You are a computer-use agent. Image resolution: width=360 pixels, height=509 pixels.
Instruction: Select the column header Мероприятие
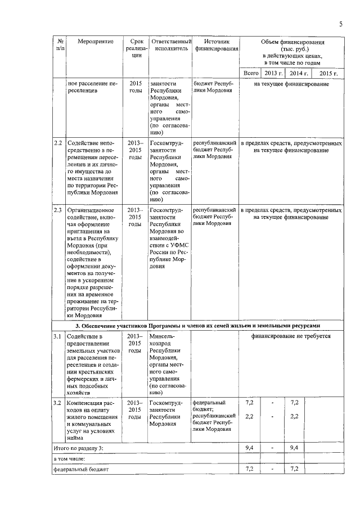click(x=92, y=42)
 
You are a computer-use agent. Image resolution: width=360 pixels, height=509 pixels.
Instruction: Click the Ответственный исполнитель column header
click(x=170, y=46)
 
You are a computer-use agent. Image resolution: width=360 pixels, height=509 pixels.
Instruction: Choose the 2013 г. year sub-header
click(x=273, y=74)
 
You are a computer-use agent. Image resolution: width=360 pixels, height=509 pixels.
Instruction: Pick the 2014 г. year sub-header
click(x=296, y=74)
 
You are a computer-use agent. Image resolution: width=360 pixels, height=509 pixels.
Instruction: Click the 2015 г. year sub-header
click(x=327, y=74)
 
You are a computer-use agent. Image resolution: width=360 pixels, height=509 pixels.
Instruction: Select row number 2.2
click(x=58, y=143)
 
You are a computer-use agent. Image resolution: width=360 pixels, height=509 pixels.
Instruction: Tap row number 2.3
click(x=58, y=210)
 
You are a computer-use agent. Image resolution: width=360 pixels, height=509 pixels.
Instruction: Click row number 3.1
click(x=58, y=336)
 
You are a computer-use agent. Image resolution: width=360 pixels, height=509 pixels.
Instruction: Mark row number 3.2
click(x=58, y=403)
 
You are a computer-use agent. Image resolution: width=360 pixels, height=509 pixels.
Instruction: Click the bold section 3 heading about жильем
click(x=197, y=326)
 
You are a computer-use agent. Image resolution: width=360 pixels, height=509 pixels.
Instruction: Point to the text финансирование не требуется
click(x=291, y=336)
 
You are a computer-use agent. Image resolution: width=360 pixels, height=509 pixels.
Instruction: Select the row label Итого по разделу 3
click(x=79, y=448)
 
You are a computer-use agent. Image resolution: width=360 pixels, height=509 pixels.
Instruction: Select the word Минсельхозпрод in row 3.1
click(x=163, y=340)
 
